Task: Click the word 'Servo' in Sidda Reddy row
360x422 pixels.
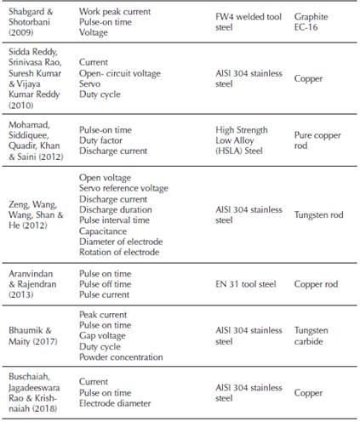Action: tap(91, 86)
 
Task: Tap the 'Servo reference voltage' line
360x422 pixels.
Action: tap(123, 188)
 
